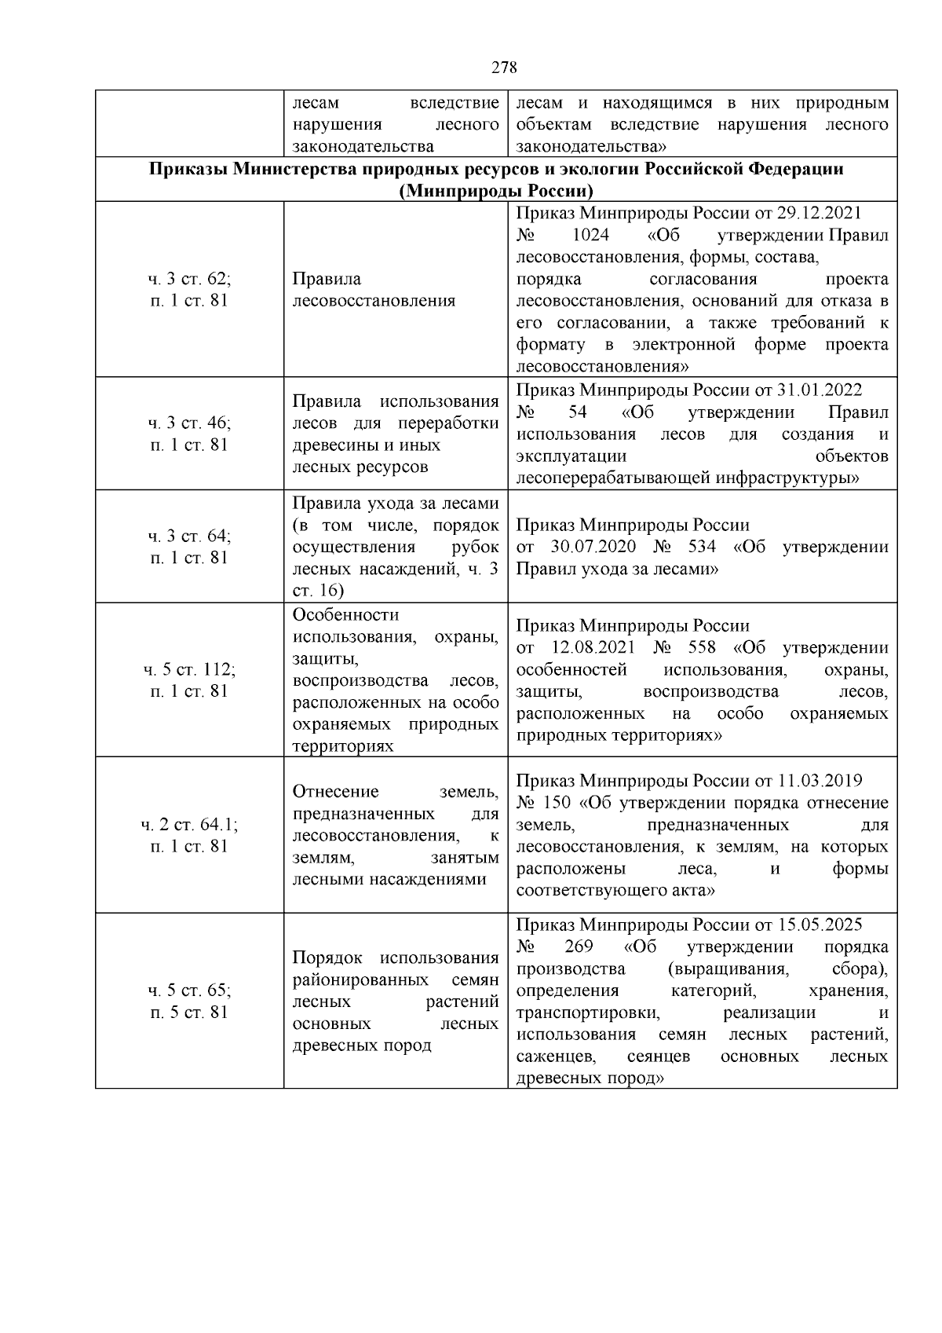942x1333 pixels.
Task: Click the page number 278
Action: [505, 68]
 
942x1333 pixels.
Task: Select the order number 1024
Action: [591, 236]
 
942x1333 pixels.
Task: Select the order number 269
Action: [579, 947]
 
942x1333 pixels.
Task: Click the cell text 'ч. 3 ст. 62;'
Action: [189, 279]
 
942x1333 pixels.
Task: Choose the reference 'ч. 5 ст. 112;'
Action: [189, 670]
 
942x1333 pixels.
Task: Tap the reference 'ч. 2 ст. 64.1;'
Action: [189, 825]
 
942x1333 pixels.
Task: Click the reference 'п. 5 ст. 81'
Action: [189, 1012]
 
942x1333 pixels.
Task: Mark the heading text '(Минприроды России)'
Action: [495, 192]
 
